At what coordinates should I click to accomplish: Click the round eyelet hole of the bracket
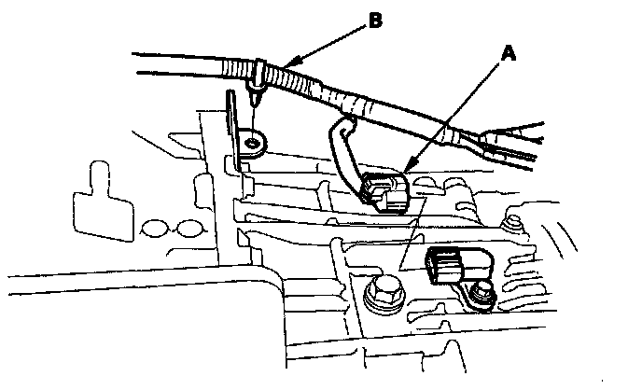[x=252, y=142]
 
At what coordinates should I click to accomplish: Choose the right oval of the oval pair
[x=190, y=229]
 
